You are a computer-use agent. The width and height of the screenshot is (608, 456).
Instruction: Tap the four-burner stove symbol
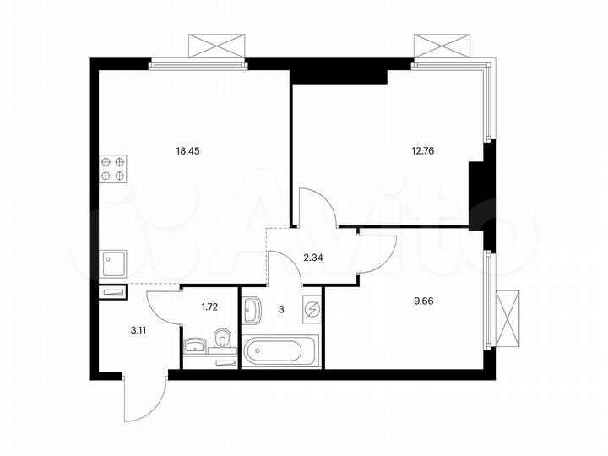tap(113, 168)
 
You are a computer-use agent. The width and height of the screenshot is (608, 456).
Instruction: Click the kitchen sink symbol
tap(113, 264)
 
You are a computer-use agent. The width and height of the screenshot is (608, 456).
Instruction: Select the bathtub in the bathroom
tap(279, 350)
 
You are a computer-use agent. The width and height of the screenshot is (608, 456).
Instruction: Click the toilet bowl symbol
tap(222, 339)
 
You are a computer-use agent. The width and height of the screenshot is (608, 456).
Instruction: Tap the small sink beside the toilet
tap(194, 345)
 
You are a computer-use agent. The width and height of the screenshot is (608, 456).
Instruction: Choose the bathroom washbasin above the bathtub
tap(252, 312)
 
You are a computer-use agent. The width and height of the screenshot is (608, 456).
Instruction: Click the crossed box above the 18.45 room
tap(216, 46)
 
